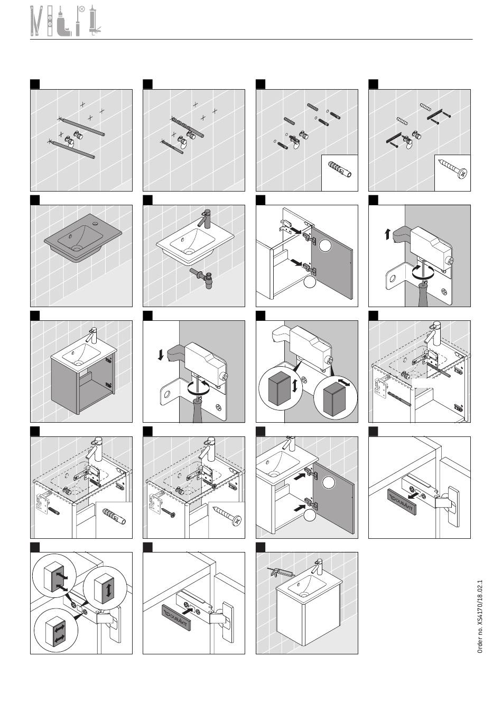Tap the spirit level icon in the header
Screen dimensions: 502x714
tap(50, 21)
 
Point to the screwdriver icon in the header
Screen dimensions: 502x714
tap(78, 24)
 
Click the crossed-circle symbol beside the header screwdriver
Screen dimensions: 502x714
tap(82, 9)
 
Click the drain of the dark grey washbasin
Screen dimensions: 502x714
tap(77, 247)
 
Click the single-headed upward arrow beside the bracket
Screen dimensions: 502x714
tap(387, 235)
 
